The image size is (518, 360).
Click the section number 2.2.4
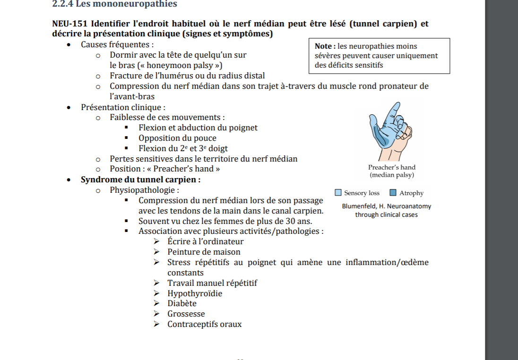[x=62, y=4]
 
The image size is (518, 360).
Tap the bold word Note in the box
[x=324, y=46]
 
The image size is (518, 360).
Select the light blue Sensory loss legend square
[x=338, y=193]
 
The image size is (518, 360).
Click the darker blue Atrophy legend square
[x=393, y=193]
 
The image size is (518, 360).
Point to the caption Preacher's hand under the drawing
[x=392, y=167]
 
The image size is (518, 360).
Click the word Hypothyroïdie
[x=195, y=293]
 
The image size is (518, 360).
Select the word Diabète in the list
[x=182, y=303]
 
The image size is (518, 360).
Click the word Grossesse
[x=186, y=314]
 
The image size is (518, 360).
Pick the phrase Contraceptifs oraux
[x=204, y=324]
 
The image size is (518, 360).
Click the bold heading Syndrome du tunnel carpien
[x=140, y=180]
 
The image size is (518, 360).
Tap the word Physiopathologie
[x=144, y=190]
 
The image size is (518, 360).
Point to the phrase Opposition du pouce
[x=177, y=138]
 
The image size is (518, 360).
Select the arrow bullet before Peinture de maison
[x=157, y=252]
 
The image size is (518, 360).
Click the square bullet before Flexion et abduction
[x=127, y=128]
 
